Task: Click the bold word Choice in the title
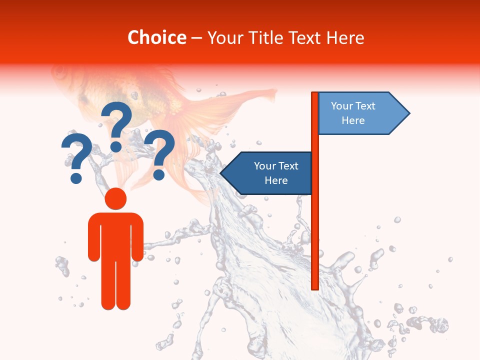click(156, 37)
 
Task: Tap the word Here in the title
click(345, 38)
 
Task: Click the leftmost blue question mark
click(76, 157)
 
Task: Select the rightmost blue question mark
click(160, 152)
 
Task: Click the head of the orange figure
click(115, 198)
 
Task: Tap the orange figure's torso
click(115, 235)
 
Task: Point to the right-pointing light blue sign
click(357, 113)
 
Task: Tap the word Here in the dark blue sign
click(276, 180)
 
